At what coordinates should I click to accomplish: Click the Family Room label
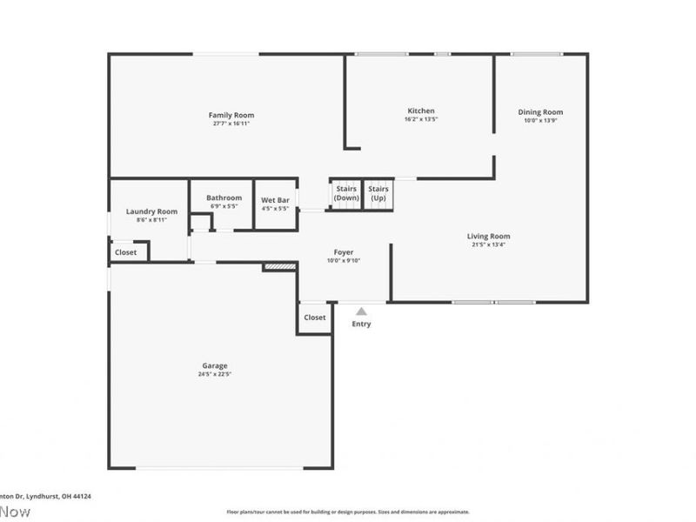[231, 115]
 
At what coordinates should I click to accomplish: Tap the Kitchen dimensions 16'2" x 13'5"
[421, 120]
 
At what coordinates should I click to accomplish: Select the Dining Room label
[540, 111]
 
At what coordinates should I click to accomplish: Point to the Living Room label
[488, 236]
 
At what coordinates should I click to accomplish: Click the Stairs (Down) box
[346, 193]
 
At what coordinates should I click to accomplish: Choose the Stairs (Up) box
[378, 193]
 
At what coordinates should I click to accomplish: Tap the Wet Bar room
[275, 204]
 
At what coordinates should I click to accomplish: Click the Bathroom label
[224, 197]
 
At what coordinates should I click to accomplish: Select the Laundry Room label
[151, 211]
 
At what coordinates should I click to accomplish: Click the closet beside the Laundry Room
[125, 252]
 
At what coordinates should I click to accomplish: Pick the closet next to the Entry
[315, 318]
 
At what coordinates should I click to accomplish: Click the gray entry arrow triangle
[361, 311]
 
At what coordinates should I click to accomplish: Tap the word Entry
[361, 325]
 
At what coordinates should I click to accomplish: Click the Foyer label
[344, 252]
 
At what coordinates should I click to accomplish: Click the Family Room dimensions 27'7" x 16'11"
[231, 124]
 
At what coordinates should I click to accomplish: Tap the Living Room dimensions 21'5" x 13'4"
[488, 244]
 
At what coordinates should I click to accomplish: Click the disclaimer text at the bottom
[348, 512]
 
